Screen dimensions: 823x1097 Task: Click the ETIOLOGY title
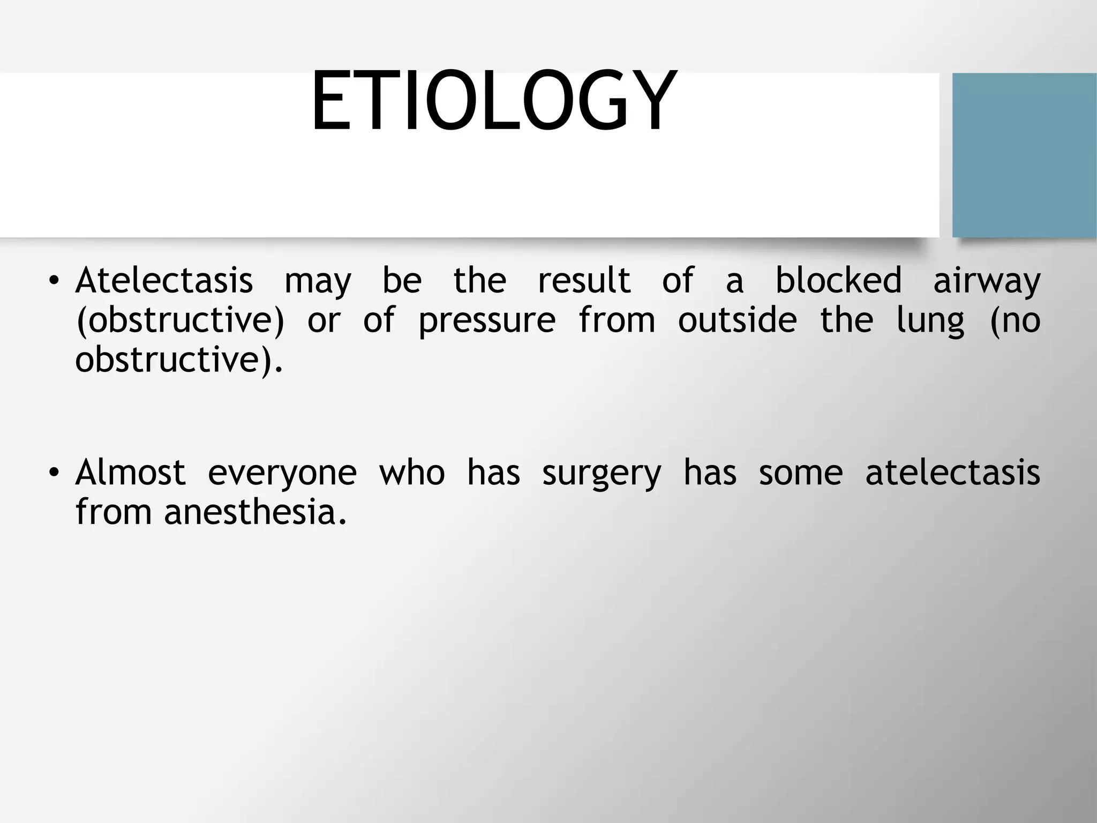coord(493,102)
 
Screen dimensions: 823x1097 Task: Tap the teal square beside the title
coord(1024,155)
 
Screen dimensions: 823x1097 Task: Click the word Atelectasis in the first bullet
coord(164,280)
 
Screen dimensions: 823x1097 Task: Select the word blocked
coord(838,280)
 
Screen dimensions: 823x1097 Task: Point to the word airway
coord(987,281)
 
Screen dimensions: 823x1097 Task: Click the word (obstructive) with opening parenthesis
coord(180,321)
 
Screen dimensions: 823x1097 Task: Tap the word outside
coord(737,320)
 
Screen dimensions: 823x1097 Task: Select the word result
coord(584,280)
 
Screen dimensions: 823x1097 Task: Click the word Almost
coord(131,473)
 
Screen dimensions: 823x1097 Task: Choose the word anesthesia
coord(256,512)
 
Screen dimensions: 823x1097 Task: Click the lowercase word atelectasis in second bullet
coord(952,473)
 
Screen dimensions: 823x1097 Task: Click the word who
coord(411,473)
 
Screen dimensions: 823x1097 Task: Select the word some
coord(800,474)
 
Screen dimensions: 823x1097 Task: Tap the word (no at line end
coord(1014,321)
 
